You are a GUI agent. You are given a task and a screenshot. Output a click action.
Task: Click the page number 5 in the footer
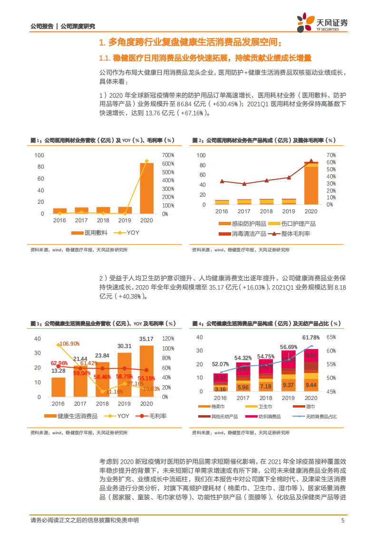point(343,520)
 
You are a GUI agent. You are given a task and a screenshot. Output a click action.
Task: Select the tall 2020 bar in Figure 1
point(146,188)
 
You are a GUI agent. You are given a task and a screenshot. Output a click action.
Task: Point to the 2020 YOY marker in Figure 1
point(146,161)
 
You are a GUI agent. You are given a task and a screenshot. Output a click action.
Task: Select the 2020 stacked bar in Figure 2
point(311,183)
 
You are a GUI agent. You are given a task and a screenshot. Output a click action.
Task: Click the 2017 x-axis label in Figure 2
point(244,211)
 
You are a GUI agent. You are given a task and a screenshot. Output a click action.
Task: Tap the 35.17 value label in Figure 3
point(146,339)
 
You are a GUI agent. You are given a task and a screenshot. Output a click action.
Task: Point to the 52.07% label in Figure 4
point(220,364)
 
